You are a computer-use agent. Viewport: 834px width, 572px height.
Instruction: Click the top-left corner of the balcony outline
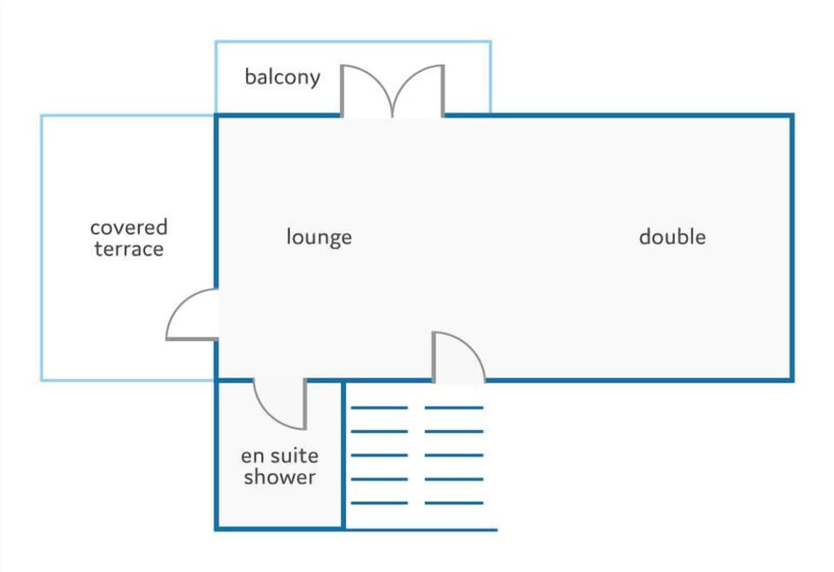(x=216, y=42)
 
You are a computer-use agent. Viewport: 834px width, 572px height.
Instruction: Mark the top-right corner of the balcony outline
(x=490, y=42)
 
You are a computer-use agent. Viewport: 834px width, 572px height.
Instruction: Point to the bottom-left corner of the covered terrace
(x=42, y=380)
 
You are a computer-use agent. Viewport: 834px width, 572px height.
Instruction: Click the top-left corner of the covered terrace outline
(x=42, y=116)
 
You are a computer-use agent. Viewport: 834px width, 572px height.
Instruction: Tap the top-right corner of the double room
(x=792, y=116)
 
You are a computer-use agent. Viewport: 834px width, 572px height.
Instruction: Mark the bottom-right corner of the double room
(x=792, y=380)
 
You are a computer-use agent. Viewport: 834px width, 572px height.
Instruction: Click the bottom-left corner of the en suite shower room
(x=216, y=529)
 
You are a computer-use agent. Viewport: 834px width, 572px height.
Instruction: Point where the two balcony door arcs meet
(x=393, y=116)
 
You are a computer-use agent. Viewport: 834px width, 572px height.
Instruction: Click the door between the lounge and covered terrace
(x=192, y=315)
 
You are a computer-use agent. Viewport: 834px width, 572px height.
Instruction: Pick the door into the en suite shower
(x=280, y=404)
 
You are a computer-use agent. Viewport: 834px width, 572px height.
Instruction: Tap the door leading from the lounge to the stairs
(x=459, y=357)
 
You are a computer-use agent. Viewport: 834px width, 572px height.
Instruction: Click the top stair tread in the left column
(x=380, y=408)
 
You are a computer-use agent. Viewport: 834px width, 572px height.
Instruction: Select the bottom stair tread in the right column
(x=453, y=502)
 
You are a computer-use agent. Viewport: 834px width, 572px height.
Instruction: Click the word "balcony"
(x=282, y=77)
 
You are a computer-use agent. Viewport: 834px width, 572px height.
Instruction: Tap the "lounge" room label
(x=319, y=237)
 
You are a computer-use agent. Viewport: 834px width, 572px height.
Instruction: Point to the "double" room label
(x=672, y=236)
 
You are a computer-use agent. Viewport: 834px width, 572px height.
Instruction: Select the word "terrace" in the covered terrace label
(x=129, y=249)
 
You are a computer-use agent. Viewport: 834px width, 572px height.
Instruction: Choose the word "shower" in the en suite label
(x=280, y=476)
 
